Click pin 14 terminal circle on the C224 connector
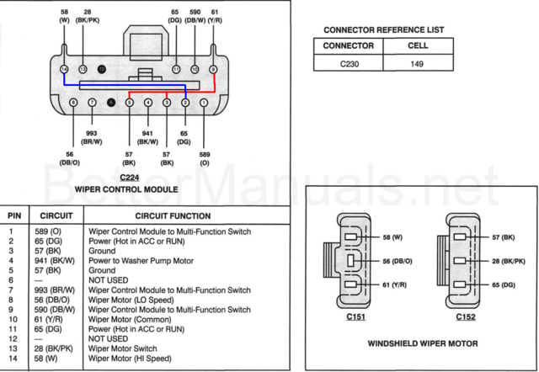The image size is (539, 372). point(65,68)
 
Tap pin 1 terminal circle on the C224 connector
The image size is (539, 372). point(204,102)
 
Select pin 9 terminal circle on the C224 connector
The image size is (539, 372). point(213,68)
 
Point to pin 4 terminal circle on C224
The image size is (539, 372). point(148,102)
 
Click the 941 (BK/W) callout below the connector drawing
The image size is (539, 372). point(147,138)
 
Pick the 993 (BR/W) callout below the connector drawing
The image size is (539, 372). point(92,138)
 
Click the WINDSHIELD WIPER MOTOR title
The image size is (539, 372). point(422,343)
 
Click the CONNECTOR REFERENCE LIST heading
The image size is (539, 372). point(383,30)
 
